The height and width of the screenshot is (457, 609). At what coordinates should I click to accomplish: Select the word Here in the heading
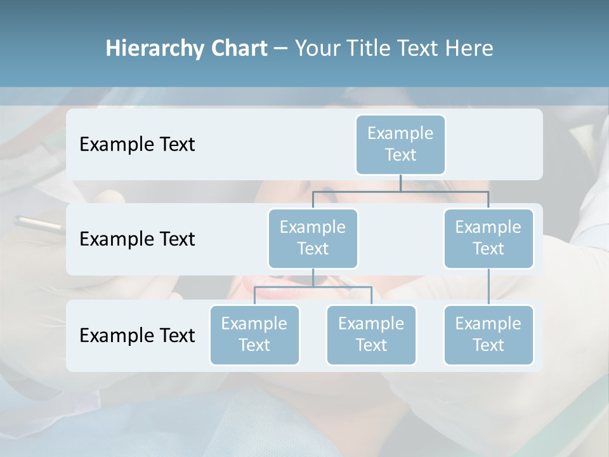[x=469, y=48]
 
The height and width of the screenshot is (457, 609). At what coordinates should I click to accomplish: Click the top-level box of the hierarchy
[x=400, y=144]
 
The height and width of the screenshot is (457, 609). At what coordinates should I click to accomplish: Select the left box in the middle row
[x=313, y=238]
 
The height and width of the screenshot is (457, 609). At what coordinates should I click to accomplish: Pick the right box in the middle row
[x=488, y=238]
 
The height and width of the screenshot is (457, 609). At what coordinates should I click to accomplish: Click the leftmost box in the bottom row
[x=254, y=334]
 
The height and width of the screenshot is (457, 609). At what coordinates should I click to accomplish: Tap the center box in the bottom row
[x=371, y=334]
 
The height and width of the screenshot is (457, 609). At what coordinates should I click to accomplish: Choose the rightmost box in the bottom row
[x=488, y=334]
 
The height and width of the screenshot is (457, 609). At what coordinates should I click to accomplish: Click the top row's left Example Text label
[x=137, y=144]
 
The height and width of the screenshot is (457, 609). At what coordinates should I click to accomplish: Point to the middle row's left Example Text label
[x=137, y=239]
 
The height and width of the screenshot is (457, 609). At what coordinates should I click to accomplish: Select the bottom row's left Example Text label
[x=137, y=335]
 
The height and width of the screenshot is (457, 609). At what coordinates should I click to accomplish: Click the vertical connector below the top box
[x=400, y=183]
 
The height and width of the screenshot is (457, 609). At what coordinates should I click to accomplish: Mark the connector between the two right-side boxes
[x=488, y=287]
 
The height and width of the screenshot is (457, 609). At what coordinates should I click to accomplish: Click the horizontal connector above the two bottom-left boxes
[x=313, y=287]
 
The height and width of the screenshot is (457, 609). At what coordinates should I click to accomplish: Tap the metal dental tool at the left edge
[x=38, y=223]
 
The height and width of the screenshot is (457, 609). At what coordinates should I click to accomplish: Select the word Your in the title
[x=316, y=48]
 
